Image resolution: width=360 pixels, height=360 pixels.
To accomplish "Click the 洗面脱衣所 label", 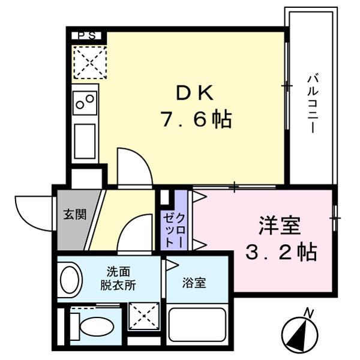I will [118, 278].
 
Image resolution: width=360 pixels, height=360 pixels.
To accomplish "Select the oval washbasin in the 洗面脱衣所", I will [70, 280].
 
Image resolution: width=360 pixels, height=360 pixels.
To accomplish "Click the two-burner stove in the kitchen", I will [85, 103].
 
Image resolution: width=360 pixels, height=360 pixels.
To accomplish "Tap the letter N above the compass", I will [310, 312].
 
